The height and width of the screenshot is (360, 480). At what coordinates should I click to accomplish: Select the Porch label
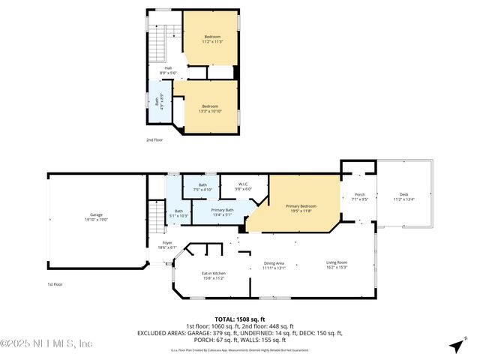click(358, 197)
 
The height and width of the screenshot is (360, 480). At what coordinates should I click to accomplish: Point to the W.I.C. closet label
click(244, 186)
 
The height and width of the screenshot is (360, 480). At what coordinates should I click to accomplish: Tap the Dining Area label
click(274, 265)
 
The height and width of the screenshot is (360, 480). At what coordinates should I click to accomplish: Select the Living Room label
click(337, 265)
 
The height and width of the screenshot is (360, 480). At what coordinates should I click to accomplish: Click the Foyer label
click(167, 245)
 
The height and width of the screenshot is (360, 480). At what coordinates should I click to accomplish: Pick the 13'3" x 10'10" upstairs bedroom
click(210, 109)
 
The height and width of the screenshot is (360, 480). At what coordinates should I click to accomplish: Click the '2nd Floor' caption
click(154, 140)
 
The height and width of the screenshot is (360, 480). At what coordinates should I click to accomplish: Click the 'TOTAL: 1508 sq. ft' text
click(240, 319)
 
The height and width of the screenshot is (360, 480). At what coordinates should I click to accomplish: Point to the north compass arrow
click(455, 346)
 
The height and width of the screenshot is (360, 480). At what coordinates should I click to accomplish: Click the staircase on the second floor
click(157, 45)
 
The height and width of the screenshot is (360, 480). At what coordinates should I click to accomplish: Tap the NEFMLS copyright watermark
click(46, 343)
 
